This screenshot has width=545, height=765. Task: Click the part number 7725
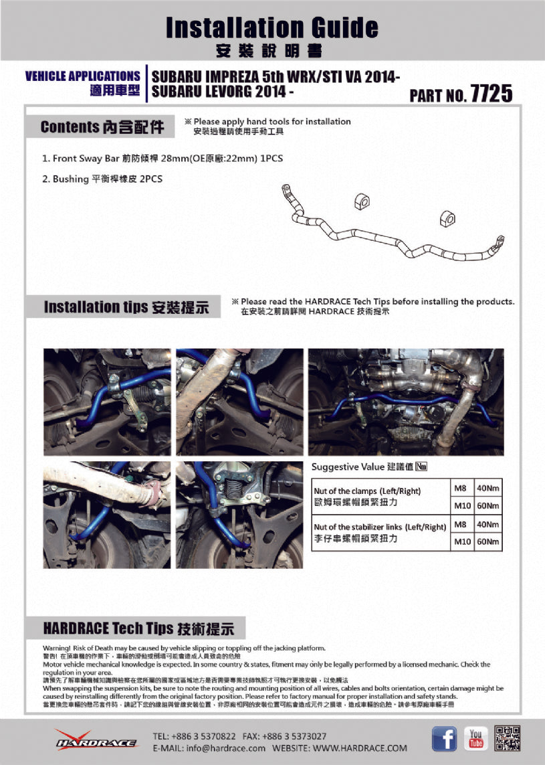click(x=492, y=94)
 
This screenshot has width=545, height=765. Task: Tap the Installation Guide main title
click(x=271, y=27)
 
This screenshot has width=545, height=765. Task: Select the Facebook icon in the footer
click(x=444, y=738)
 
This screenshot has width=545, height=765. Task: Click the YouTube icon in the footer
click(x=475, y=738)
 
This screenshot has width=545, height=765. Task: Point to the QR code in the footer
click(x=508, y=738)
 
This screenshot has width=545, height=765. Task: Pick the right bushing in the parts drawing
click(x=447, y=217)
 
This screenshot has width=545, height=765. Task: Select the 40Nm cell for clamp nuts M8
click(x=488, y=487)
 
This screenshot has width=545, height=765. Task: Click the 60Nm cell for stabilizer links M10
click(x=488, y=542)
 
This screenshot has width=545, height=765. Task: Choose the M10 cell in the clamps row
click(x=462, y=505)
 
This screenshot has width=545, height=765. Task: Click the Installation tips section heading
click(x=126, y=307)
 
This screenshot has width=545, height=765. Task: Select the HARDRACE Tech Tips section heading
click(x=138, y=628)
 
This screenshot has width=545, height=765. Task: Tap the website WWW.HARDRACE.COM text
click(x=360, y=748)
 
